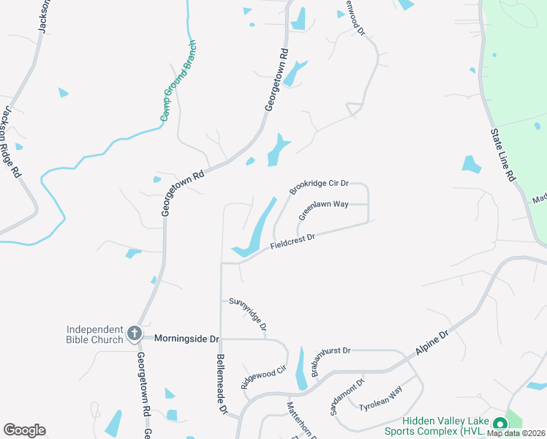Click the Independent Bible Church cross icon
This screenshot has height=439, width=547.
tap(134, 334)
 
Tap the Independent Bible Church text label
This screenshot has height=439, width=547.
tap(95, 334)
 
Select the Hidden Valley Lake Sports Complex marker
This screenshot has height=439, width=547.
tap(500, 424)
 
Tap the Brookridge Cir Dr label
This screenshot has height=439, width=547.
tap(319, 187)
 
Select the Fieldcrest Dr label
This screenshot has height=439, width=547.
tap(291, 242)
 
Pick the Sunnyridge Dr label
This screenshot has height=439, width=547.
tap(247, 312)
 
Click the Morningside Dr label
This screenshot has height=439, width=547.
tap(186, 339)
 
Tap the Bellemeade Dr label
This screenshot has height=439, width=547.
tap(221, 386)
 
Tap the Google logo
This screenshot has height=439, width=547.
tap(24, 430)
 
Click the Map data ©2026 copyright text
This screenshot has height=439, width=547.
tap(516, 433)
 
